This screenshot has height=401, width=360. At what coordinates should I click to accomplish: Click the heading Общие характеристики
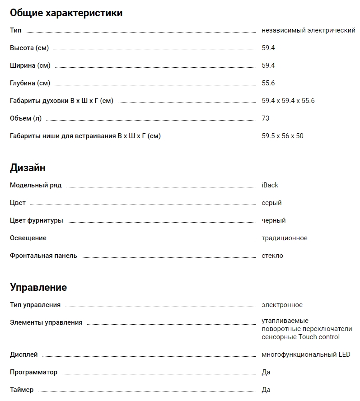(x=66, y=13)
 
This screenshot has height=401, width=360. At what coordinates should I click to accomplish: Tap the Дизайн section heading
(x=28, y=168)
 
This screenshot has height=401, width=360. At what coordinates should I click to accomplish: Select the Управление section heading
(x=38, y=288)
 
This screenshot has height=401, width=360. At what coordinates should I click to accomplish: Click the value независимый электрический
(x=309, y=31)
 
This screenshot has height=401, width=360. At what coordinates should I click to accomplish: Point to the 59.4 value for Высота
(x=268, y=48)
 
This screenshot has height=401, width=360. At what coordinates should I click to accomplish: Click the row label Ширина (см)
(x=30, y=65)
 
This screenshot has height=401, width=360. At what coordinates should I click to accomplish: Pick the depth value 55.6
(x=268, y=83)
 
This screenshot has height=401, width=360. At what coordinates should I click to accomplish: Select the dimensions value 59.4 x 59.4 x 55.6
(x=288, y=101)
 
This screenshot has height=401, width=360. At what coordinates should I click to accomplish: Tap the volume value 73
(x=266, y=118)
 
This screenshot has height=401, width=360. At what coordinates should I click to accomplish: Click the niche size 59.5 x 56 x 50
(x=283, y=136)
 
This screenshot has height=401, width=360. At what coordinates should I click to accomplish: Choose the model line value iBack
(x=270, y=185)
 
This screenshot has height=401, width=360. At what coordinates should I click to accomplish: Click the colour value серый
(x=271, y=203)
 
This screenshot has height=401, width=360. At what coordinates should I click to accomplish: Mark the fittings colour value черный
(x=274, y=220)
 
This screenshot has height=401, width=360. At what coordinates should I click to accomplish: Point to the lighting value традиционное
(x=285, y=238)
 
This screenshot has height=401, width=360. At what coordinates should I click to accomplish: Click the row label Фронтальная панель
(x=43, y=256)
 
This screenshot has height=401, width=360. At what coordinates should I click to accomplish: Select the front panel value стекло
(x=272, y=256)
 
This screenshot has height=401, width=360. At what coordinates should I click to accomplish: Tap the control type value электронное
(x=282, y=305)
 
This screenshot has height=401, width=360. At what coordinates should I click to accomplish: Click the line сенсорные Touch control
(x=301, y=337)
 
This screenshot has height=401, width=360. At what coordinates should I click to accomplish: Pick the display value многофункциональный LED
(x=306, y=354)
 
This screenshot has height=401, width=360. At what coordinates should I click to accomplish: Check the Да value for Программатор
(x=266, y=372)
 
